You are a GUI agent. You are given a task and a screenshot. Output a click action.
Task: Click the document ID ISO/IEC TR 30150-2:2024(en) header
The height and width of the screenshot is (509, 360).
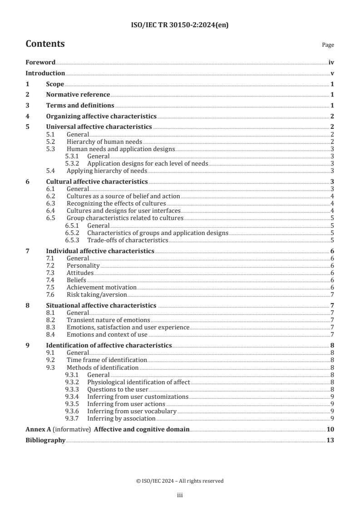(180, 25)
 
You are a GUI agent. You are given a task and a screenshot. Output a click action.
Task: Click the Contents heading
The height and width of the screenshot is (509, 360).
(45, 44)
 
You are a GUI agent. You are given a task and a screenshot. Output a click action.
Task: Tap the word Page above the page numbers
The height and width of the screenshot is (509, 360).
(328, 45)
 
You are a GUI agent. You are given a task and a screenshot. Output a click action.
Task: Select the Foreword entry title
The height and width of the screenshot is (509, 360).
(40, 63)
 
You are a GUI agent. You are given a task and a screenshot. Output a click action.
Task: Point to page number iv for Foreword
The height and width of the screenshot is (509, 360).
(331, 63)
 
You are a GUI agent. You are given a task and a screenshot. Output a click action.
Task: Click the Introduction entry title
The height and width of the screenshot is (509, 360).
(45, 73)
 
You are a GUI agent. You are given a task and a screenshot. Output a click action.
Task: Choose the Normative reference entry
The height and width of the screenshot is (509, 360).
(78, 94)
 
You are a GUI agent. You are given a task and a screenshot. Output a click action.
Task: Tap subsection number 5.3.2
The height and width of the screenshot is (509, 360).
(73, 163)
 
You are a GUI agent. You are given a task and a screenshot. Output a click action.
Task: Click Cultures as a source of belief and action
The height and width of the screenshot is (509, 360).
(123, 196)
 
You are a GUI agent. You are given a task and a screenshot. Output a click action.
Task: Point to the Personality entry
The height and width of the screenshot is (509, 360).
(83, 265)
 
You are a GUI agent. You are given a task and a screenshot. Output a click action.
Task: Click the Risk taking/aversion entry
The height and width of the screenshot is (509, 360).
(90, 294)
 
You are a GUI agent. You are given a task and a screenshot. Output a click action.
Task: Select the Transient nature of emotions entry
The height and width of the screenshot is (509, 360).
(108, 320)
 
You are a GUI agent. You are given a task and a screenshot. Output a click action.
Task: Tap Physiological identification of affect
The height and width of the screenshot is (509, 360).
(138, 382)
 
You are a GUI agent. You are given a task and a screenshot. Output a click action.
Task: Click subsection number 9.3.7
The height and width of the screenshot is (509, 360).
(73, 418)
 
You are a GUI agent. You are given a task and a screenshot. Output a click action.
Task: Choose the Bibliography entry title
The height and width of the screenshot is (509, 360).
(45, 440)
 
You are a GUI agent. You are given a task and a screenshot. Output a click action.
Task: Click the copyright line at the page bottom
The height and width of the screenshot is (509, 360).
(180, 481)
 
